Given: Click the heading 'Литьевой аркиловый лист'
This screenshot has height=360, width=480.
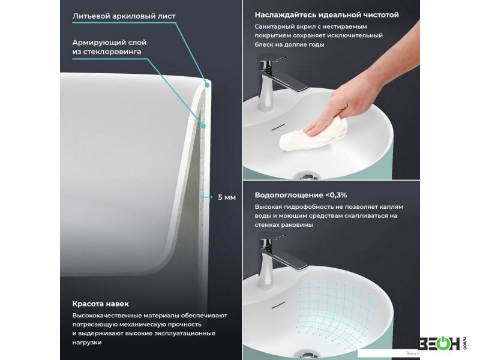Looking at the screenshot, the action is [124, 16].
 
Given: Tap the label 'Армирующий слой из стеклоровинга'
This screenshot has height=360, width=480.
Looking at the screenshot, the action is [109, 47].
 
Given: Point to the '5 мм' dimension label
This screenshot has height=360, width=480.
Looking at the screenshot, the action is [227, 197].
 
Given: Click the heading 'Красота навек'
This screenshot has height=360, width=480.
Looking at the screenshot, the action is [100, 304].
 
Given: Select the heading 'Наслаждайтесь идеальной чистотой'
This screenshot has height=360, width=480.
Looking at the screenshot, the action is [326, 14].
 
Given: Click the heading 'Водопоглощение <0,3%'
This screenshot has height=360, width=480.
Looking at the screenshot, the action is [301, 195].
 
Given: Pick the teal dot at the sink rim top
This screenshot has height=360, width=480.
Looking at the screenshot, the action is [207, 85].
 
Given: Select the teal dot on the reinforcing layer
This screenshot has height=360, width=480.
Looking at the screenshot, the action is [203, 125].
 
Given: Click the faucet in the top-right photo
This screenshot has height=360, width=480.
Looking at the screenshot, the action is [277, 81].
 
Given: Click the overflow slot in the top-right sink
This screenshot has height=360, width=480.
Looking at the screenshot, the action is [278, 127].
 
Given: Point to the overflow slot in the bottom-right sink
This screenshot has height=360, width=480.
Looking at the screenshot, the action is [278, 305].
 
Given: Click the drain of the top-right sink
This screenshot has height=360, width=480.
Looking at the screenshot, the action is [306, 176].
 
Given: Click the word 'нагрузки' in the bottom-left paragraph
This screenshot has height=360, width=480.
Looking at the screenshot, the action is [87, 343].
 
